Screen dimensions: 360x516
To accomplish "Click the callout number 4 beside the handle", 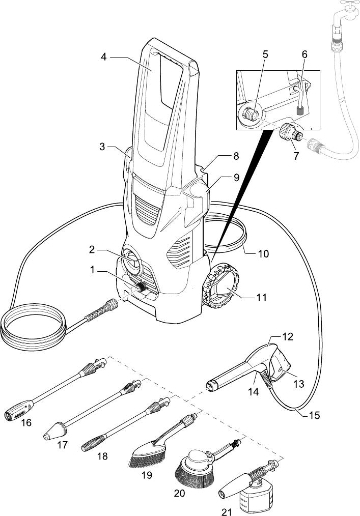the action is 104,57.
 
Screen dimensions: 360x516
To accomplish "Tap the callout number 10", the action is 263,254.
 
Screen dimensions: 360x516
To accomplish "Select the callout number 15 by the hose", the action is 315,415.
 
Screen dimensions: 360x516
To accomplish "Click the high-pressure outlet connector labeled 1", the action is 142,288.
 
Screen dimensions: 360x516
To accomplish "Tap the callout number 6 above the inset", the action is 304,54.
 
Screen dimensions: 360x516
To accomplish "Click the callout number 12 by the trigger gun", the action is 288,337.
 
